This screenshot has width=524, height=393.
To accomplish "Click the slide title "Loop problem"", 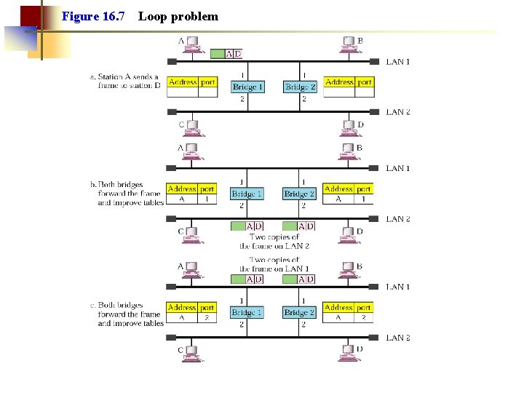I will tap(178, 16).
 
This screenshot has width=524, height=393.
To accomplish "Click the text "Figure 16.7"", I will tap(93, 16).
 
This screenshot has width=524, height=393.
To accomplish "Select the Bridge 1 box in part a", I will tap(247, 87).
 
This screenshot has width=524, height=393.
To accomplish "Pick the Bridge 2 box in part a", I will tap(300, 87).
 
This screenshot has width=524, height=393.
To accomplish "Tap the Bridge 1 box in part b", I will tap(247, 194).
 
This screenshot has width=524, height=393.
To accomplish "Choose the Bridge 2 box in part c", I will tap(300, 312).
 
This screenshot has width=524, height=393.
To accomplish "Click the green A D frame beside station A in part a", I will tap(226, 53).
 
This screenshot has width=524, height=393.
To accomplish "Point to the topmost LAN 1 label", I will tap(397, 62).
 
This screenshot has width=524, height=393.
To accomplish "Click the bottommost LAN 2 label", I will tap(397, 338).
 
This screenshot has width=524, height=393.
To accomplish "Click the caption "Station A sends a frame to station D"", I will tap(130, 81).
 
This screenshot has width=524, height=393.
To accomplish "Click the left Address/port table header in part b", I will tap(192, 188).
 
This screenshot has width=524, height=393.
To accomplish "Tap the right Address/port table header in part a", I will tap(348, 82).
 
